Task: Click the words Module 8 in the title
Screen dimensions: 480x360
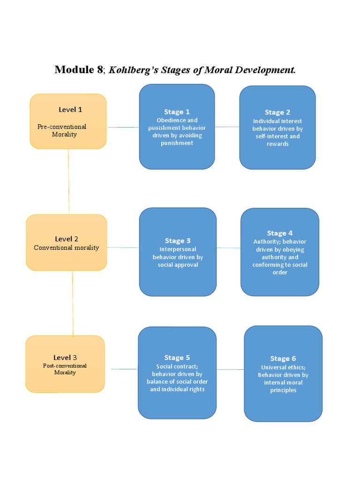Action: click(78, 70)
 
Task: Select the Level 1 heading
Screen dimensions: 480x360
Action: click(70, 110)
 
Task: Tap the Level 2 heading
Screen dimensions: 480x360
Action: click(67, 239)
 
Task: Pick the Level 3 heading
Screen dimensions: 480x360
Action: click(65, 358)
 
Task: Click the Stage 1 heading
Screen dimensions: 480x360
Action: click(177, 112)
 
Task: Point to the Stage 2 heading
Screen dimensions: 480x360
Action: click(277, 112)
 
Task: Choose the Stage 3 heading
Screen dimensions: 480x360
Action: click(178, 241)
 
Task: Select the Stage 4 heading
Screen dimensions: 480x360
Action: click(280, 233)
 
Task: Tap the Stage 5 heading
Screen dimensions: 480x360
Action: click(177, 358)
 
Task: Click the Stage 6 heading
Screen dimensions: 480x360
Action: click(283, 359)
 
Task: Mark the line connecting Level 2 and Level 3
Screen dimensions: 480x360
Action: click(73, 304)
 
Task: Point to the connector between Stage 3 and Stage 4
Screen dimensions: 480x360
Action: click(229, 248)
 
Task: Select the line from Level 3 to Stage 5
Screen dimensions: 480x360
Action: click(124, 369)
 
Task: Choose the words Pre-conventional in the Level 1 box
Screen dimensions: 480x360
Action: click(62, 127)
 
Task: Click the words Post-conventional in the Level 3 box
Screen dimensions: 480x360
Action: click(65, 366)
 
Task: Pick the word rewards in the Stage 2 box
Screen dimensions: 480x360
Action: click(277, 144)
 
